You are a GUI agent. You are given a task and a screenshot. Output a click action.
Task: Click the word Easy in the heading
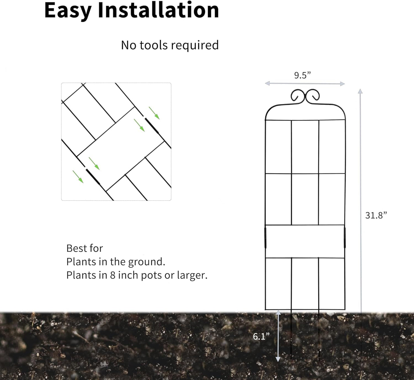pyautogui.click(x=68, y=11)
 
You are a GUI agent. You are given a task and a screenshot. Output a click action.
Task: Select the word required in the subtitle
pyautogui.click(x=195, y=46)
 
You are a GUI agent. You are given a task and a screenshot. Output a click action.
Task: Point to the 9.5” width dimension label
pyautogui.click(x=302, y=75)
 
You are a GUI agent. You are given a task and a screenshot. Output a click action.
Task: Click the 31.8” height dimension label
pyautogui.click(x=376, y=215)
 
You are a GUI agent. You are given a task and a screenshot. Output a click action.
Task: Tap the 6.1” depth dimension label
pyautogui.click(x=261, y=336)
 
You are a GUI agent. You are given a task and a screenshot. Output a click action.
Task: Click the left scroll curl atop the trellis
pyautogui.click(x=297, y=95)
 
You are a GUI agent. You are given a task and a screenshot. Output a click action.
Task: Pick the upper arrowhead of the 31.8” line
pyautogui.click(x=360, y=91)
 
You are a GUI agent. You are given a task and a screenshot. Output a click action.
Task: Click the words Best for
pyautogui.click(x=85, y=248)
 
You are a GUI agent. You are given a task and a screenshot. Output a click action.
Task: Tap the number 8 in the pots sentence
pyautogui.click(x=113, y=275)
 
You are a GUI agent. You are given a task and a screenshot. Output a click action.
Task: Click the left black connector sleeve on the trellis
pyautogui.click(x=265, y=238)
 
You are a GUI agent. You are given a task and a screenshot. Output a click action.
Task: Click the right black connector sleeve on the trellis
pyautogui.click(x=345, y=238)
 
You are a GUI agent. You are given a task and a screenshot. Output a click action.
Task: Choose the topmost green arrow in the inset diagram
pyautogui.click(x=154, y=113)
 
